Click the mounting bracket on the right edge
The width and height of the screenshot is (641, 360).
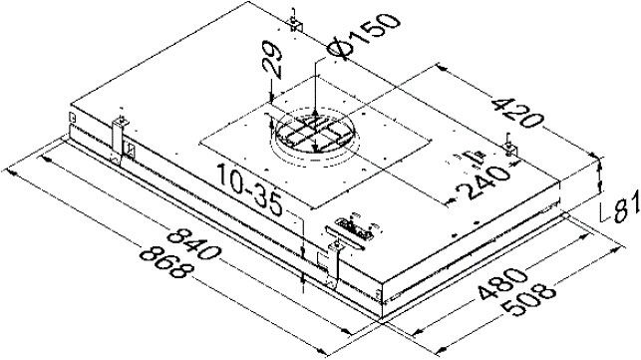click(511, 149)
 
